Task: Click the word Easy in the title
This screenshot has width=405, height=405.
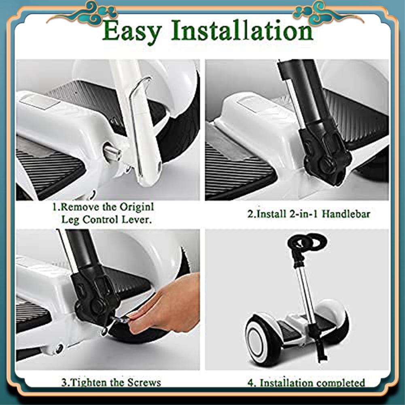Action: coord(132,31)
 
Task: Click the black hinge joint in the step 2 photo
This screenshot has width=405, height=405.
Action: coord(325,157)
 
